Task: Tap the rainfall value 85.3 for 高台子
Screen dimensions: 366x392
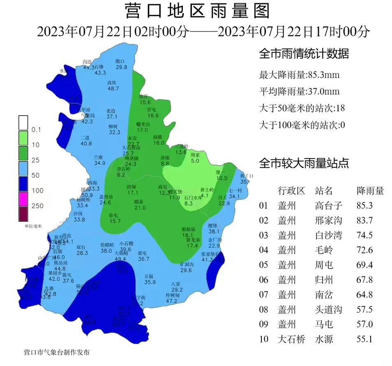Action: coord(365,205)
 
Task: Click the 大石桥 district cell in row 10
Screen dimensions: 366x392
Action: coord(291,339)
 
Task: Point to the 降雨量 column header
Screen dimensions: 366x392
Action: coord(370,190)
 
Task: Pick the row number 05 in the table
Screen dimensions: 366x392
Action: coord(263,265)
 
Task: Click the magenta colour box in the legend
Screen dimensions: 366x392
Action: coord(23,199)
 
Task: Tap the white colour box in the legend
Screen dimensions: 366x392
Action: coord(23,123)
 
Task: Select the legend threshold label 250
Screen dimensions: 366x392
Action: coord(37,206)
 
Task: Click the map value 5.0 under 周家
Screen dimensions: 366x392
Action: coord(195,161)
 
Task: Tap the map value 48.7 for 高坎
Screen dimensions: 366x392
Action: coord(113,88)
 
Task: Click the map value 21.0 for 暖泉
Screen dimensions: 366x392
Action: coord(140,208)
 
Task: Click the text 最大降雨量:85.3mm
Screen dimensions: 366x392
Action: coord(300,75)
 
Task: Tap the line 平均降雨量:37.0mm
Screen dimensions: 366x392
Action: coord(300,92)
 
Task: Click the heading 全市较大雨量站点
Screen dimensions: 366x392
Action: coord(304,164)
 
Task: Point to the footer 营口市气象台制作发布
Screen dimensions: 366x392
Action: coord(57,352)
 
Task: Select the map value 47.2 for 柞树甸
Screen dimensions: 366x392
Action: coord(171,301)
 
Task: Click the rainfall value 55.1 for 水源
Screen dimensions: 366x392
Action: coord(365,339)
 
